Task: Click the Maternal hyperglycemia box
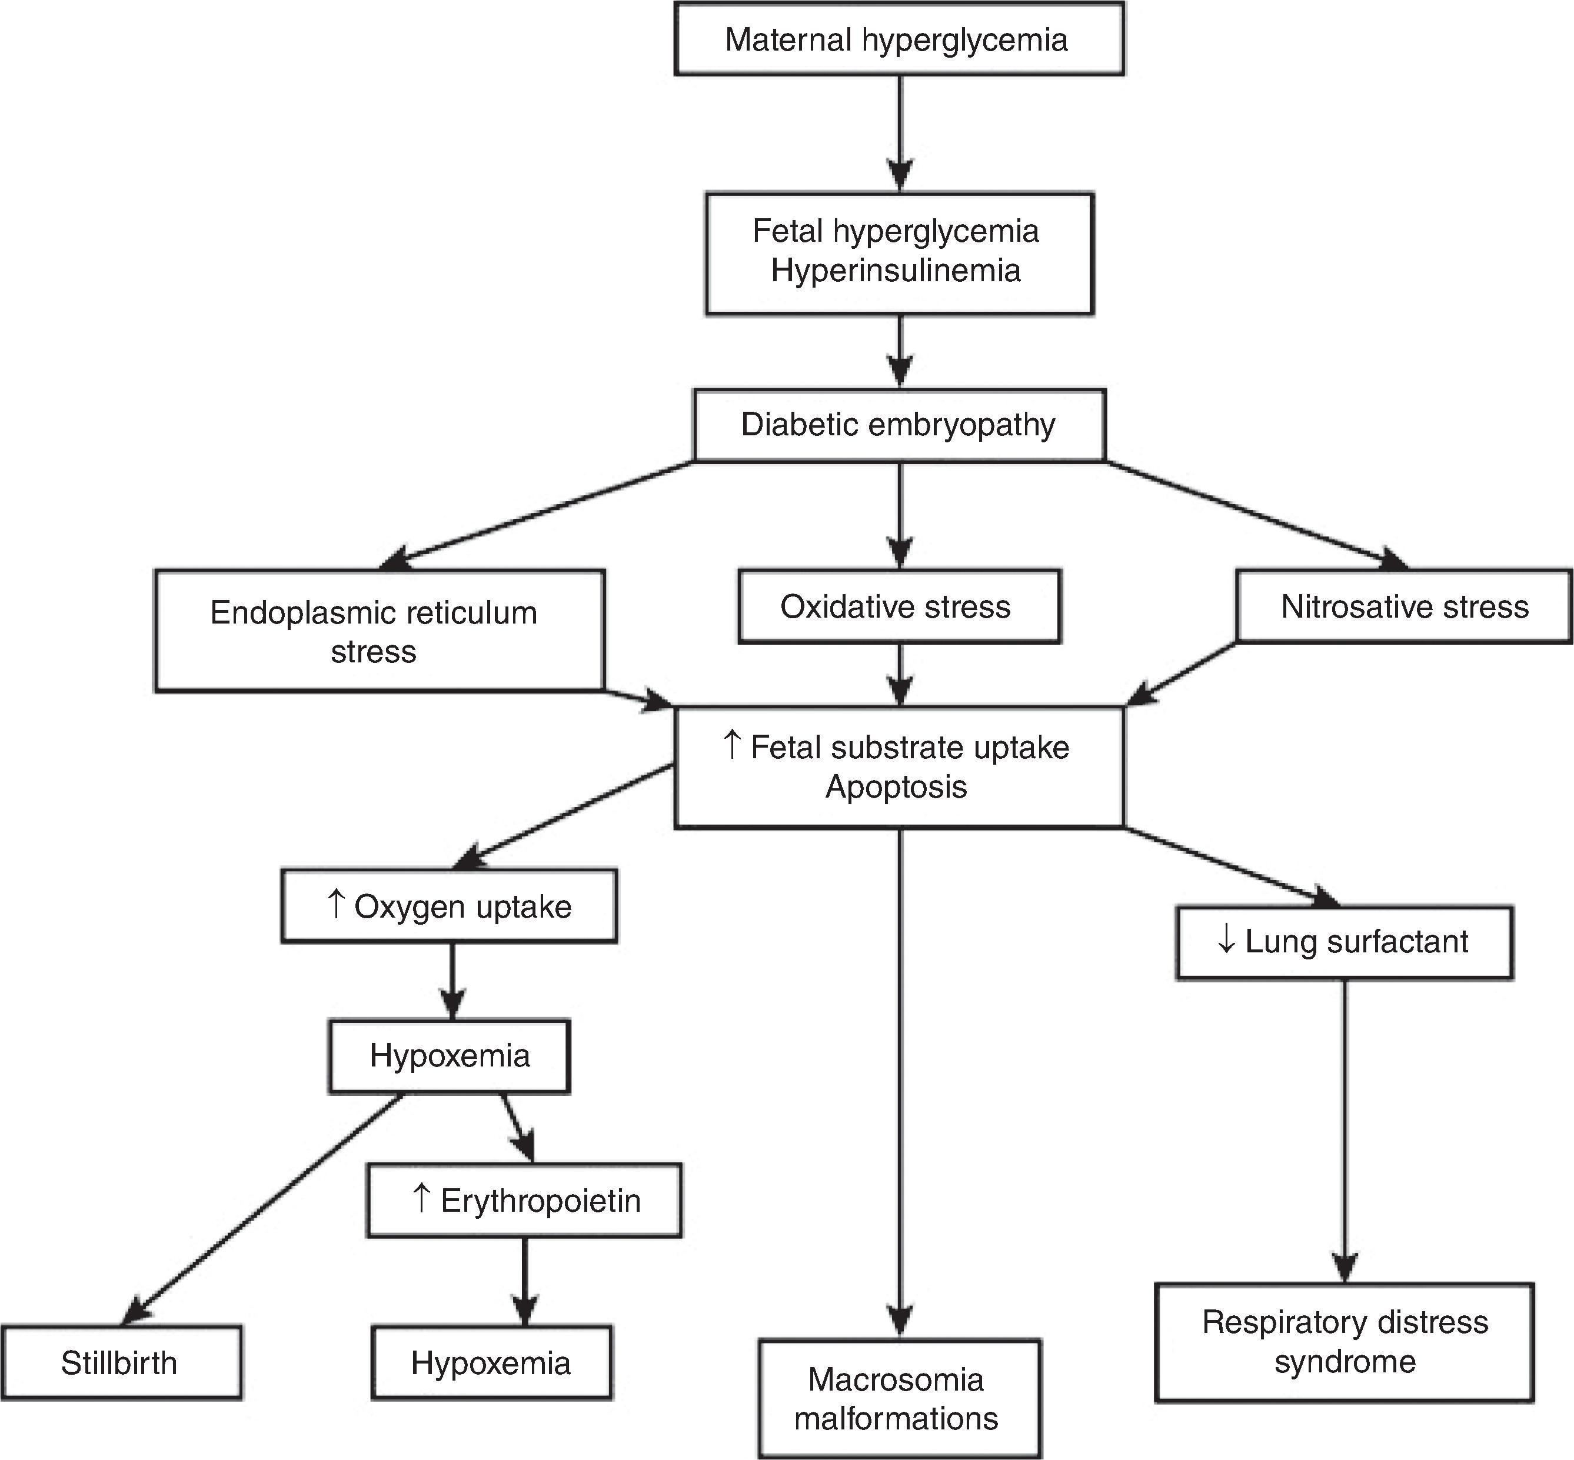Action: (x=899, y=39)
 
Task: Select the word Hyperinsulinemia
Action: (x=895, y=271)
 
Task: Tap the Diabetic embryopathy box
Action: (x=899, y=425)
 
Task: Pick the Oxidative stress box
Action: (x=899, y=606)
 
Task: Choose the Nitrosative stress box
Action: (x=1403, y=606)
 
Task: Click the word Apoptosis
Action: (x=896, y=787)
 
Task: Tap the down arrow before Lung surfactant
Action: (x=1226, y=939)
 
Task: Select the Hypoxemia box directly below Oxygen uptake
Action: (x=449, y=1056)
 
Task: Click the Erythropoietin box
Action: (x=524, y=1200)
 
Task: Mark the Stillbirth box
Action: (x=121, y=1363)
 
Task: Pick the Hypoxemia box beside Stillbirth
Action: (x=491, y=1363)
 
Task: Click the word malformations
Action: (x=896, y=1418)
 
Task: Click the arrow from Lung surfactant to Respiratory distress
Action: (x=1344, y=1130)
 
